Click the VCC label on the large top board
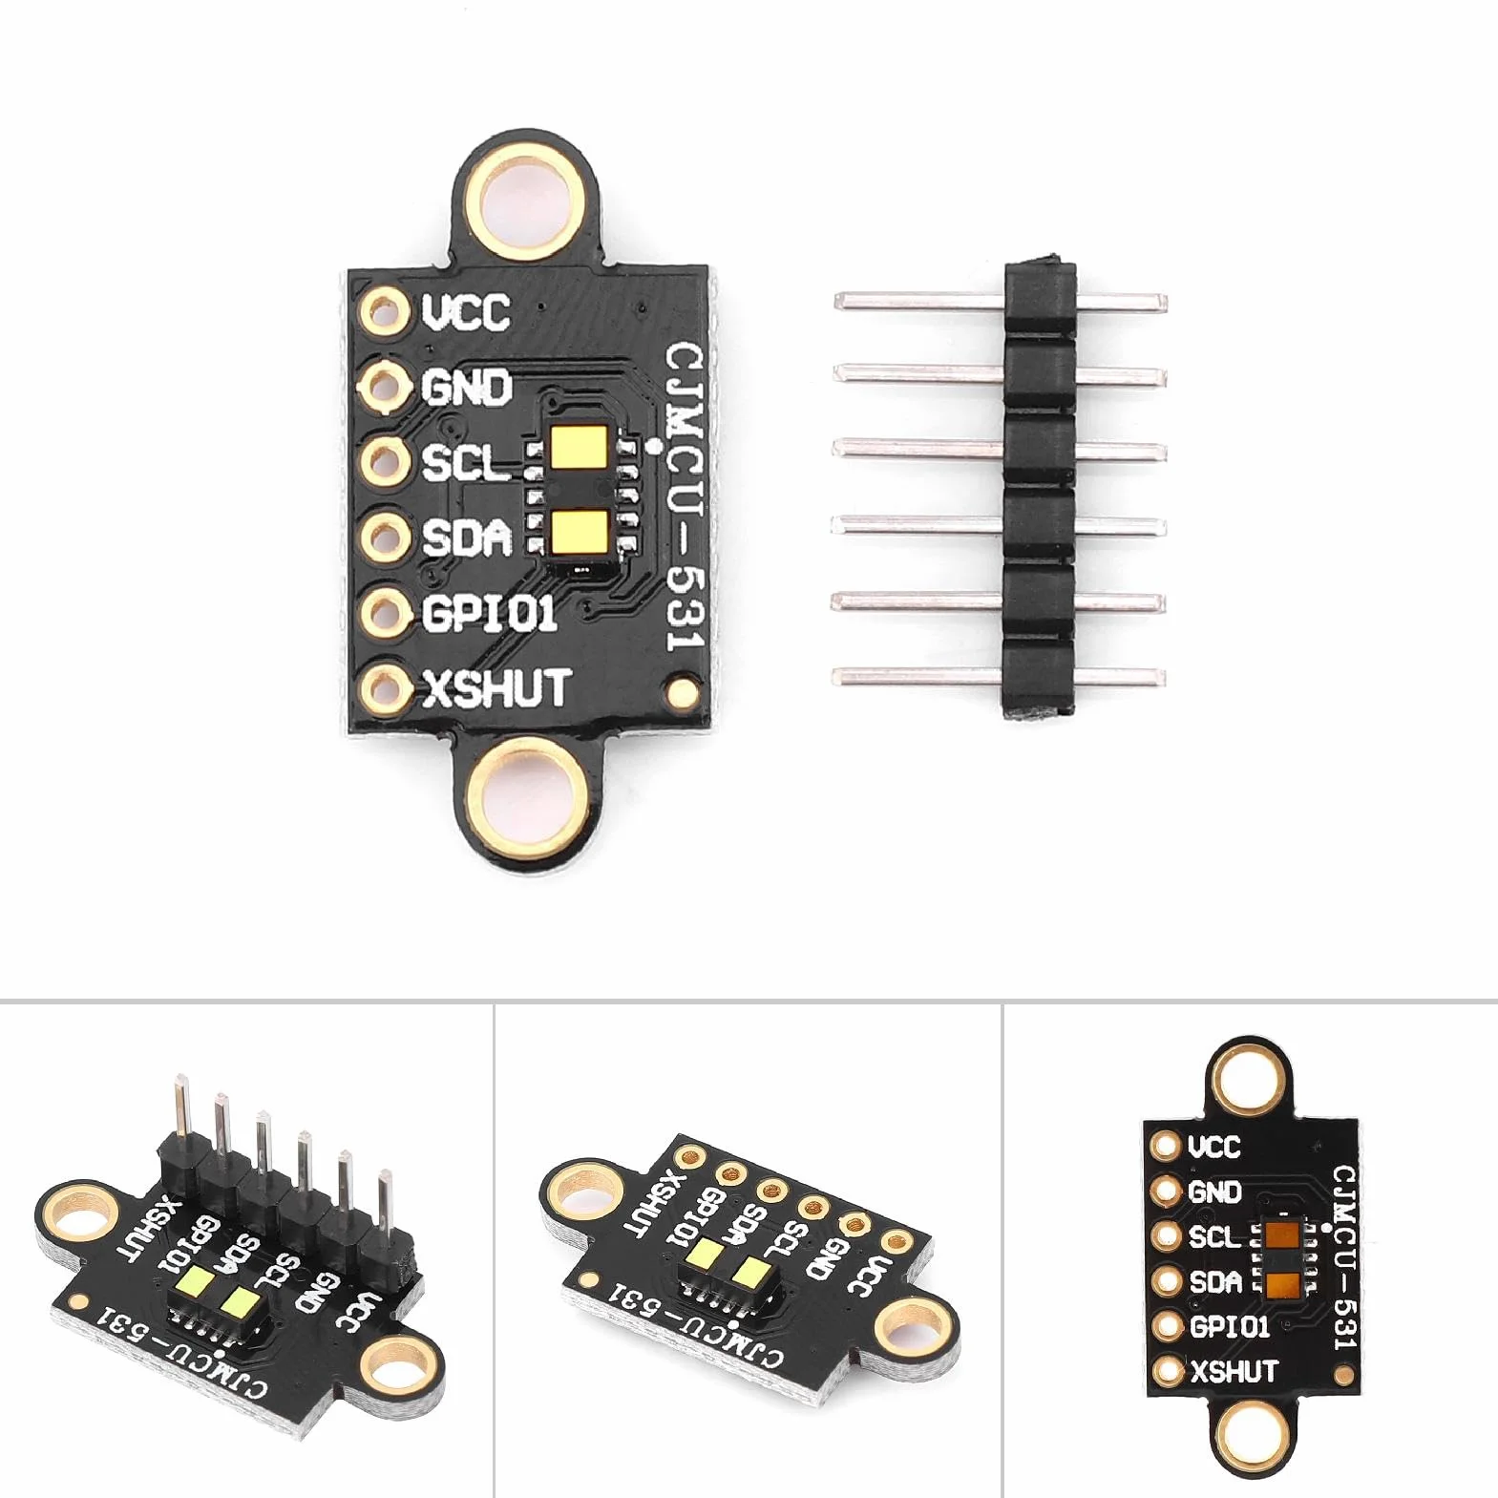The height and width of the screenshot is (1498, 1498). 466,311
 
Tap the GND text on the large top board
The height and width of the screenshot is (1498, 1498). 466,387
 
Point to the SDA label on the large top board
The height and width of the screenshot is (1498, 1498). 467,538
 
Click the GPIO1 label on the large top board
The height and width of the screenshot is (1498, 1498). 489,613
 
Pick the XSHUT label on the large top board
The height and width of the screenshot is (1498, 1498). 496,687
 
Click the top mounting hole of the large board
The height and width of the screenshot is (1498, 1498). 532,204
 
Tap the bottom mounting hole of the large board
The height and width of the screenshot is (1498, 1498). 531,796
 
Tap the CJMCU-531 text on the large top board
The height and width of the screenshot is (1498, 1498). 684,496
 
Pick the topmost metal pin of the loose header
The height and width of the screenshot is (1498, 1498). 1000,303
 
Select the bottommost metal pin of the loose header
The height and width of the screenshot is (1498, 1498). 1000,677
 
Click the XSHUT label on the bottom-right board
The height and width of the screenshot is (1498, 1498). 1234,1372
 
